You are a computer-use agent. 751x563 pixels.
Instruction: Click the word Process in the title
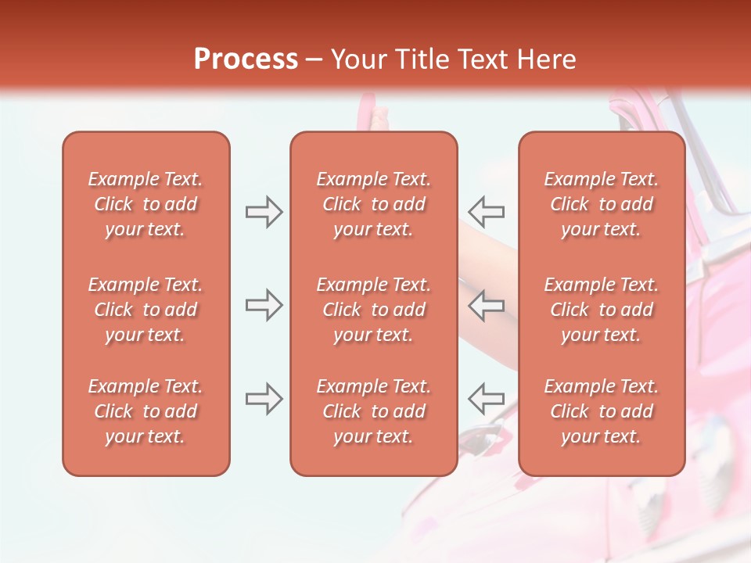pos(246,59)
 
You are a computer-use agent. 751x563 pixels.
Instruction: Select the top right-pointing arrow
pos(264,212)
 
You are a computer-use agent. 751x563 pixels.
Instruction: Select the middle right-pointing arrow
pos(264,305)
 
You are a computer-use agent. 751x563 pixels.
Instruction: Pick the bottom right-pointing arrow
pos(264,398)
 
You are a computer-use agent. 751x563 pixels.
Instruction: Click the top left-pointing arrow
pos(486,212)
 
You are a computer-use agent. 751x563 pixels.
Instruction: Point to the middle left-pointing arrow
pos(486,305)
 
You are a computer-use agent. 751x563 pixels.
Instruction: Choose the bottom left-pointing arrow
pos(486,398)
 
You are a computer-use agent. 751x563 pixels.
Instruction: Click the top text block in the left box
pos(146,204)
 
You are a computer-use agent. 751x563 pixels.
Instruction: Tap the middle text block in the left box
pos(146,310)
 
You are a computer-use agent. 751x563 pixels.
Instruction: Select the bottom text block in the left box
pos(146,411)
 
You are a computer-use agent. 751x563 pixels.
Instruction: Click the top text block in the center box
pos(373,204)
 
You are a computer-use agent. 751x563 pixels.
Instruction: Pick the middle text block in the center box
pos(373,310)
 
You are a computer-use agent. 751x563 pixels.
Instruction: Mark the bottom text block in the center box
pos(373,411)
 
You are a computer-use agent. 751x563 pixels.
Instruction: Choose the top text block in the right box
pos(602,204)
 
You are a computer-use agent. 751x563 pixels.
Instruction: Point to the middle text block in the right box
pos(602,310)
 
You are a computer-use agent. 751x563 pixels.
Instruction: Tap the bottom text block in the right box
pos(602,411)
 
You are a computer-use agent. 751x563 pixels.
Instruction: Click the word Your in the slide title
pos(358,59)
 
